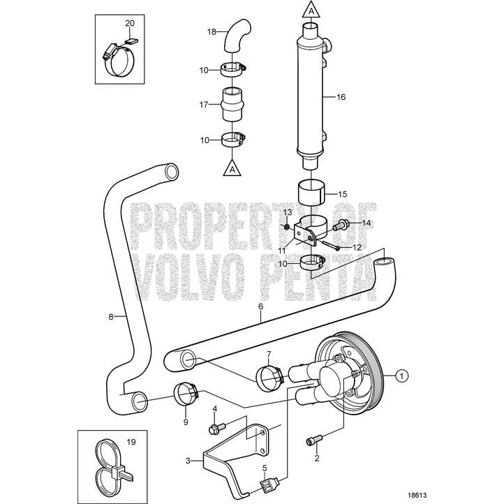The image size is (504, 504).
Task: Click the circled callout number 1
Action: pyautogui.click(x=401, y=375)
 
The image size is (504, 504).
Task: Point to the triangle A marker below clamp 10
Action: pyautogui.click(x=232, y=168)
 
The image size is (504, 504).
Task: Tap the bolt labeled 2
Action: pyautogui.click(x=314, y=440)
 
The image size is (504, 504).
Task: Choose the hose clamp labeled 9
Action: pyautogui.click(x=186, y=396)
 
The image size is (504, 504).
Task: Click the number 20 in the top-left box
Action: pyautogui.click(x=129, y=23)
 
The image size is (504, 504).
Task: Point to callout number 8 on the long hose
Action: pyautogui.click(x=110, y=316)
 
